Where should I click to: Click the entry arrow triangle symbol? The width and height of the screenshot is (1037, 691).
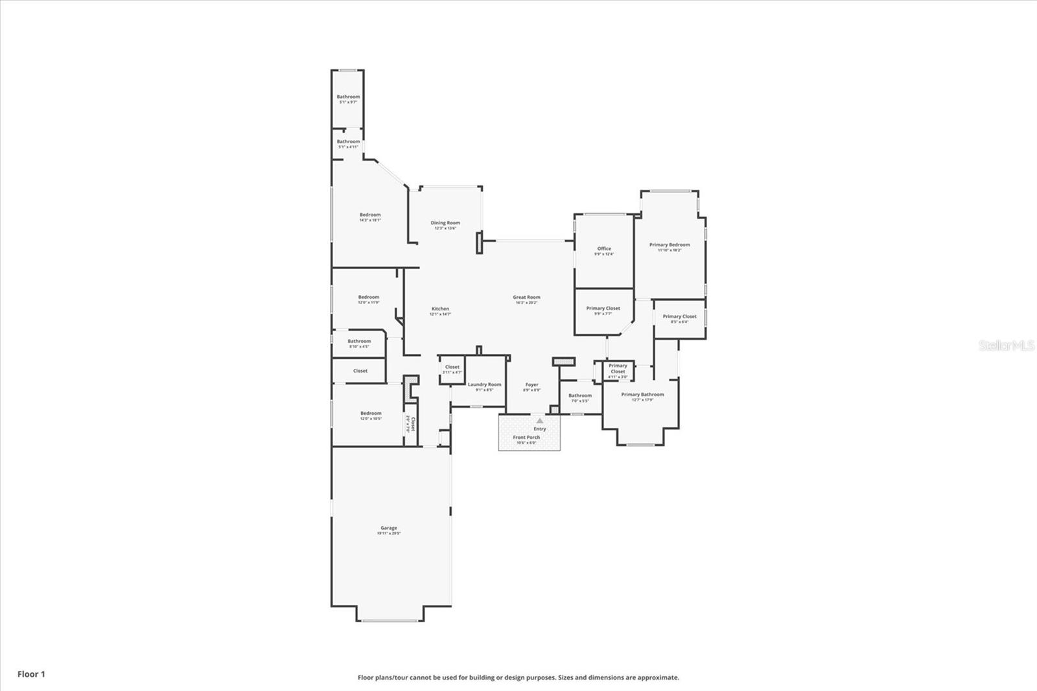tap(540, 421)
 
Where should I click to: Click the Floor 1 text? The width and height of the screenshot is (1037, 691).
tap(31, 674)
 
